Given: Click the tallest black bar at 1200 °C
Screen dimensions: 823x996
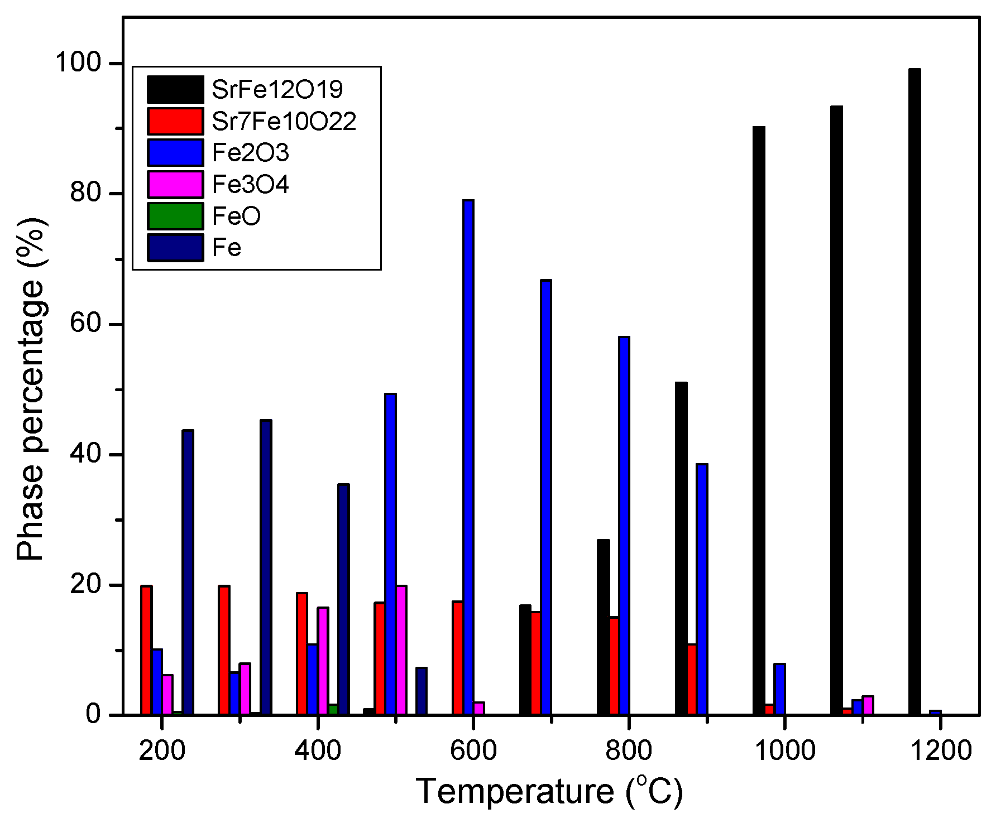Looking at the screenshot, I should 914,391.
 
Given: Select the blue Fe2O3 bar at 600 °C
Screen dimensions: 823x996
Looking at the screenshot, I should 468,458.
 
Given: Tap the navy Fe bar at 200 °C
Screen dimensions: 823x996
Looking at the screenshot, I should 188,572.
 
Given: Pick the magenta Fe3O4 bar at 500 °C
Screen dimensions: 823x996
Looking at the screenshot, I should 401,650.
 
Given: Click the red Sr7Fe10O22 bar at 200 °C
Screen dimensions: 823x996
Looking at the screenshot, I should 146,650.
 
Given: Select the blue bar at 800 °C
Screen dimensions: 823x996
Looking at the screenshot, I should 624,524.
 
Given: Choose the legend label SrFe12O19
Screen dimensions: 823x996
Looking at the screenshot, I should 277,89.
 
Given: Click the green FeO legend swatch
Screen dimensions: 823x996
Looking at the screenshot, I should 175,216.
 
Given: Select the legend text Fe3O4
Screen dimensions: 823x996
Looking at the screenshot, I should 251,185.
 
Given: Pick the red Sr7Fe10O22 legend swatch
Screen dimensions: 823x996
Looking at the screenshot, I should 175,121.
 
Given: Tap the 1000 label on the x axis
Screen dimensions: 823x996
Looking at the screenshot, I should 784,750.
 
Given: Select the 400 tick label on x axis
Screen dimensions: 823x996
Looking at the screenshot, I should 317,750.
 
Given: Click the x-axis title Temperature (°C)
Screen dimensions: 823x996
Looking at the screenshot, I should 549,791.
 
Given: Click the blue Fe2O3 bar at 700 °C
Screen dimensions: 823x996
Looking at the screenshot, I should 546,497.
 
